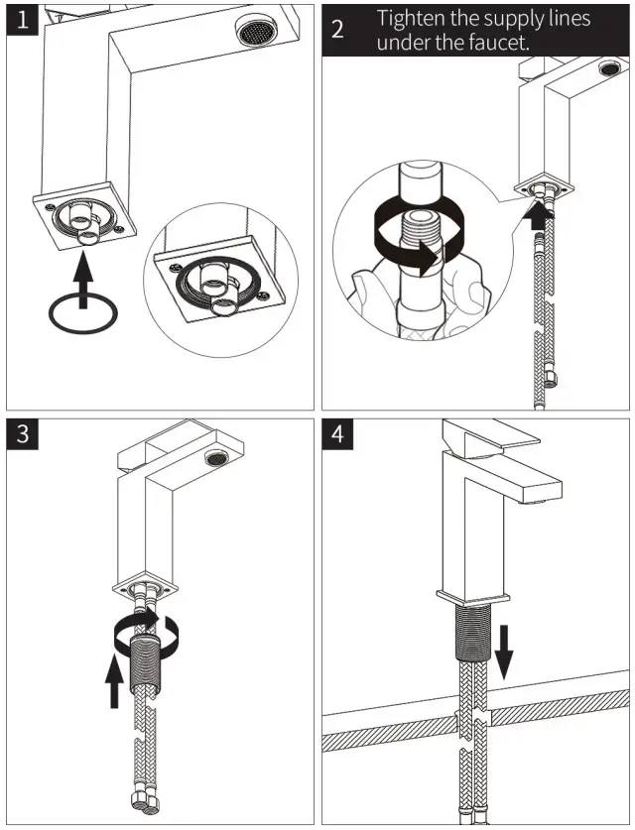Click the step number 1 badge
pos(23,20)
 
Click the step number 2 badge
pos(337,29)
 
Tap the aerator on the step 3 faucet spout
pos(212,457)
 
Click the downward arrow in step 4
pos(504,651)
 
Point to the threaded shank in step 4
pos(472,636)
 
